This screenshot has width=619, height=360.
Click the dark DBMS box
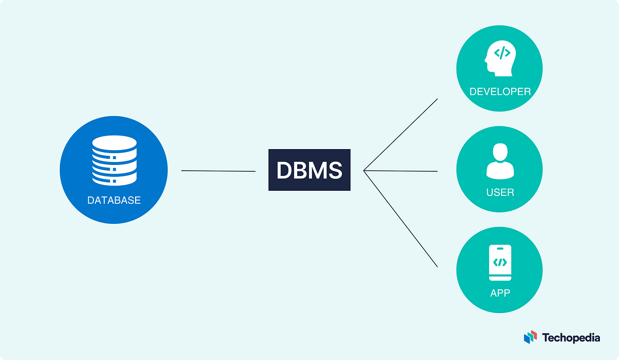(x=309, y=170)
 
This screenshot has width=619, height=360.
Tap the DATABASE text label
(x=114, y=201)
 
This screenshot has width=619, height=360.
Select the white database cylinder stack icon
(x=114, y=159)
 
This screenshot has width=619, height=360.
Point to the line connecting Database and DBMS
(x=218, y=171)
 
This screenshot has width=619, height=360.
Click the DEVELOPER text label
(x=499, y=92)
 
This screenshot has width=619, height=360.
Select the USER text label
(x=499, y=192)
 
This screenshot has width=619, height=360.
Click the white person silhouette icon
(x=499, y=161)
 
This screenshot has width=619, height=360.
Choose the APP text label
(x=499, y=293)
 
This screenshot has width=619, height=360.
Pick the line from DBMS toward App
(x=401, y=219)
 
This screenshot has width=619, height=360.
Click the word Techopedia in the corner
(x=571, y=338)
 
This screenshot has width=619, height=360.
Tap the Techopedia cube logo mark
(x=530, y=338)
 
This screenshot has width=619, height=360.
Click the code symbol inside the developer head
(x=502, y=53)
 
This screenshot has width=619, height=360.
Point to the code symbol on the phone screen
(x=499, y=263)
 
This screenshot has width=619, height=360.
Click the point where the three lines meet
(x=364, y=170)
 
